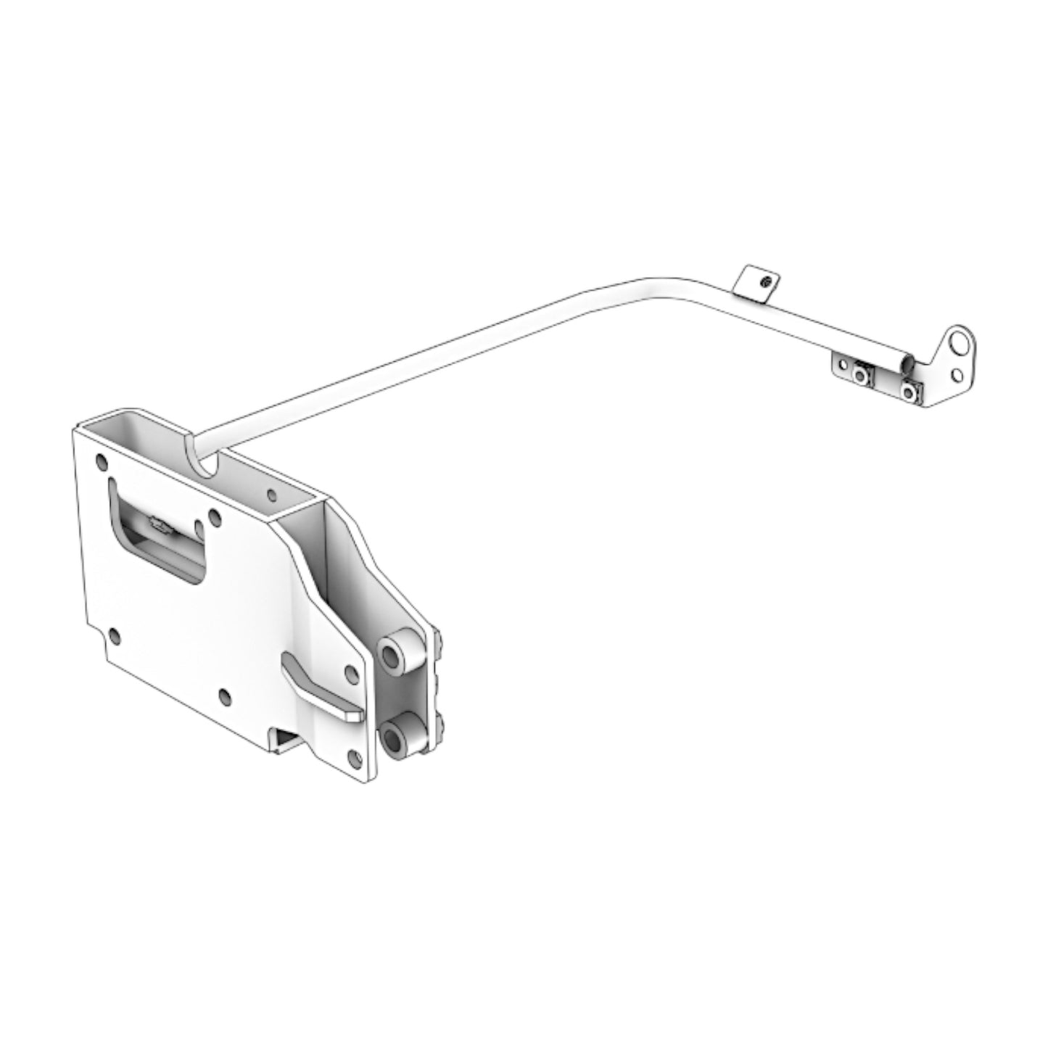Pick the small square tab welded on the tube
pos(755,284)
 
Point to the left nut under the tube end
pos(861,374)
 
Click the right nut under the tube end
pos(908,390)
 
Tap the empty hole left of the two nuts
pos(841,365)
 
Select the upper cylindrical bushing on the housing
pos(396,655)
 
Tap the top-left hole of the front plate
pos(100,459)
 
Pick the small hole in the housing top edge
pos(272,496)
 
